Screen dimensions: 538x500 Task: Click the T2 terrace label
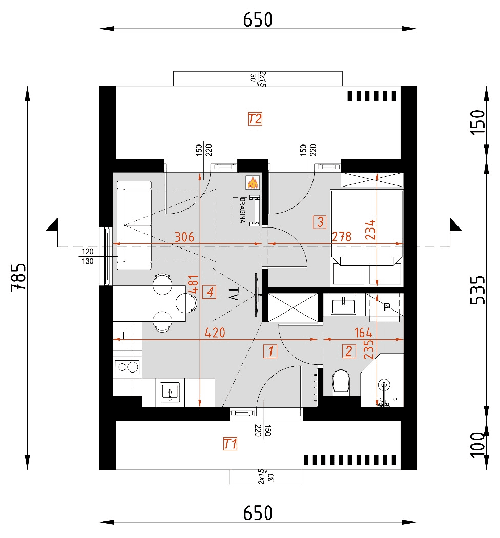[x=255, y=119]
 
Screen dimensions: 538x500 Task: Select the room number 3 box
[x=319, y=222]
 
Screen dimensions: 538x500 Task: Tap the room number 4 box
[x=209, y=292]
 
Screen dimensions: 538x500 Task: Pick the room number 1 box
[x=270, y=351]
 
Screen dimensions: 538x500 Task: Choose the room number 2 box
[x=349, y=351]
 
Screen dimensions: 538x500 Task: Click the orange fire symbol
[x=252, y=182]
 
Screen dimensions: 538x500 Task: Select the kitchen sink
[x=170, y=392]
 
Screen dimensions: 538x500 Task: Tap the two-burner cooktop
[x=127, y=366]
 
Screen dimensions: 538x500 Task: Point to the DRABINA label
[x=237, y=211]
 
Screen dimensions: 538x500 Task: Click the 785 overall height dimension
[x=18, y=277]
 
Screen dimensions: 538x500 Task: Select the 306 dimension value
[x=184, y=237]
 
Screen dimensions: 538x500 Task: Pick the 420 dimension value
[x=215, y=333]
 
